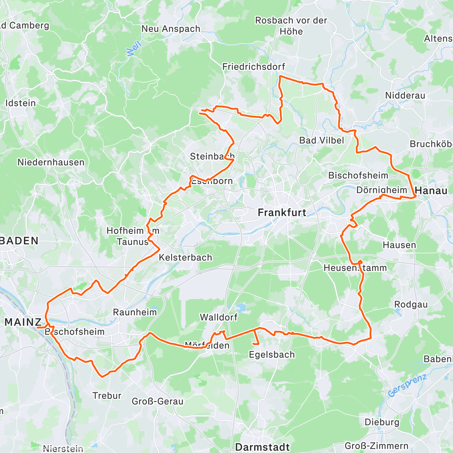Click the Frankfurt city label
click(x=282, y=213)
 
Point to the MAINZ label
click(x=23, y=322)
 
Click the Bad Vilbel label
click(x=321, y=140)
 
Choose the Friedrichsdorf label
click(x=254, y=67)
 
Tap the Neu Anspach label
click(x=171, y=29)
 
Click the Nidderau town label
click(x=405, y=96)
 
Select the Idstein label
click(x=20, y=103)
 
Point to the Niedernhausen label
click(x=51, y=162)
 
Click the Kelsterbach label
click(x=185, y=257)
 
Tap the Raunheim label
click(x=135, y=312)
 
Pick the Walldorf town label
click(x=219, y=317)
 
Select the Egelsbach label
click(x=272, y=354)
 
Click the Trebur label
click(x=107, y=396)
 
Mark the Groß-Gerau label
click(x=157, y=401)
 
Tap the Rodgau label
click(x=411, y=305)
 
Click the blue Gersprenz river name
click(x=407, y=385)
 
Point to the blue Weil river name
click(x=134, y=48)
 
